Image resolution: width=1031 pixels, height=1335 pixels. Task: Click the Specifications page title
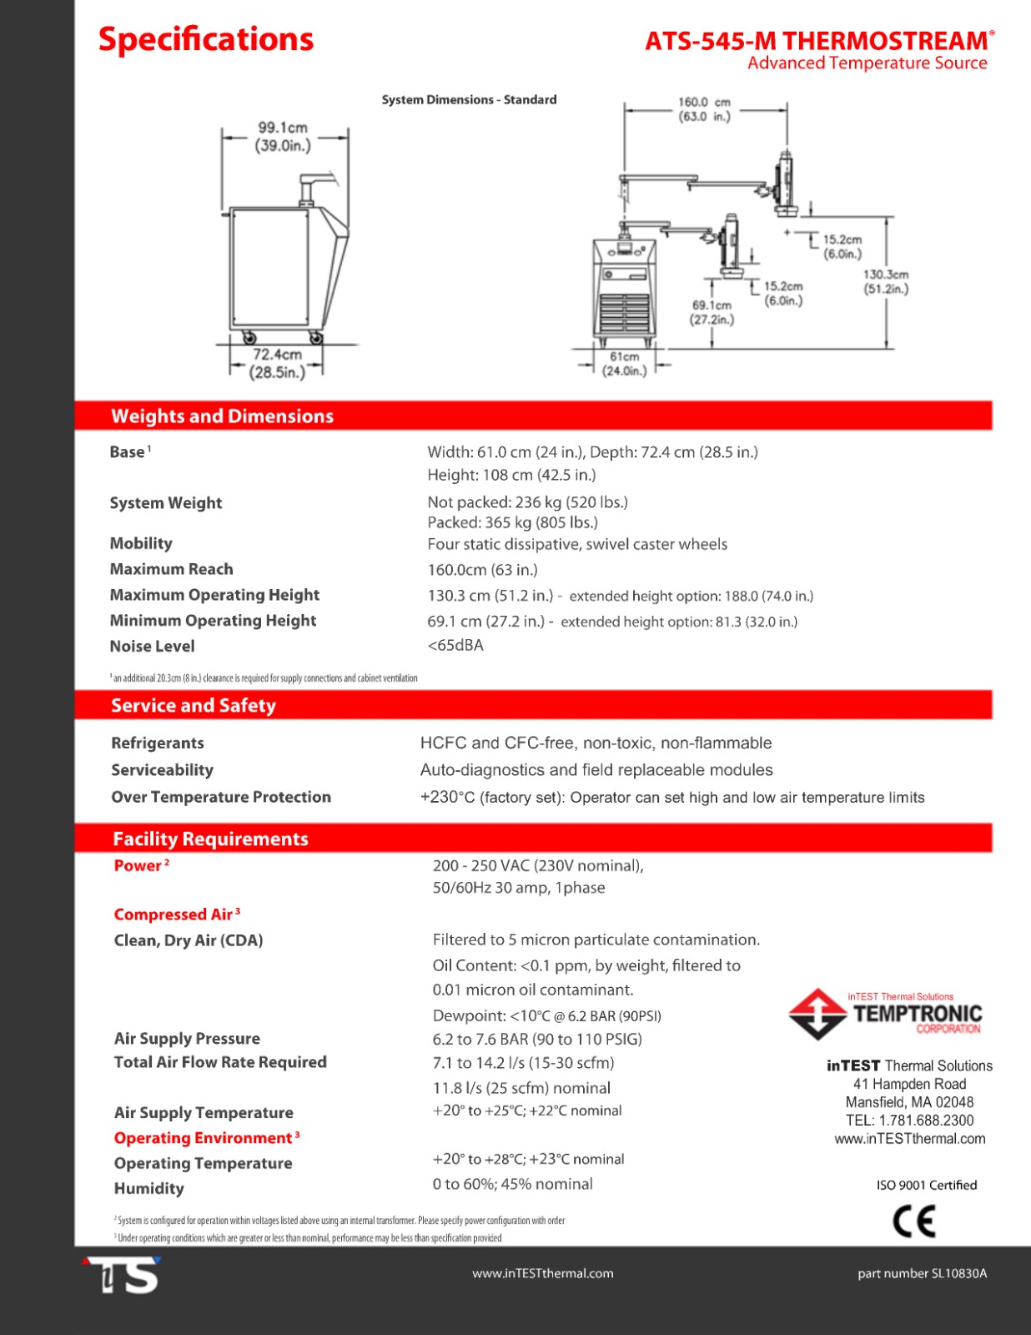tap(206, 39)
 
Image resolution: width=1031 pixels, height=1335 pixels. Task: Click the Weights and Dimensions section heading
tap(222, 416)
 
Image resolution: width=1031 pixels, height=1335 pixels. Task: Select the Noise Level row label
tap(152, 647)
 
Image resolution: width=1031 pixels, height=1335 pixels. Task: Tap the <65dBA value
tap(455, 646)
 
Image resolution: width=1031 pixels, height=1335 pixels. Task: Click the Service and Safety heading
tap(194, 706)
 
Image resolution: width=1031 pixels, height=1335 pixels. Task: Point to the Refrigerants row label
tap(158, 743)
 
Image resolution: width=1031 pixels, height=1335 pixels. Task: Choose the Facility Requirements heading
tap(210, 839)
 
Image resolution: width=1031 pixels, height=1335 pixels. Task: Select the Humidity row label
tap(148, 1189)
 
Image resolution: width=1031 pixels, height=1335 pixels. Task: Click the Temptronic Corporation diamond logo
tap(817, 1014)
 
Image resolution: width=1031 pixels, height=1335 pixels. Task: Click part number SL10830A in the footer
tap(922, 1273)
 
